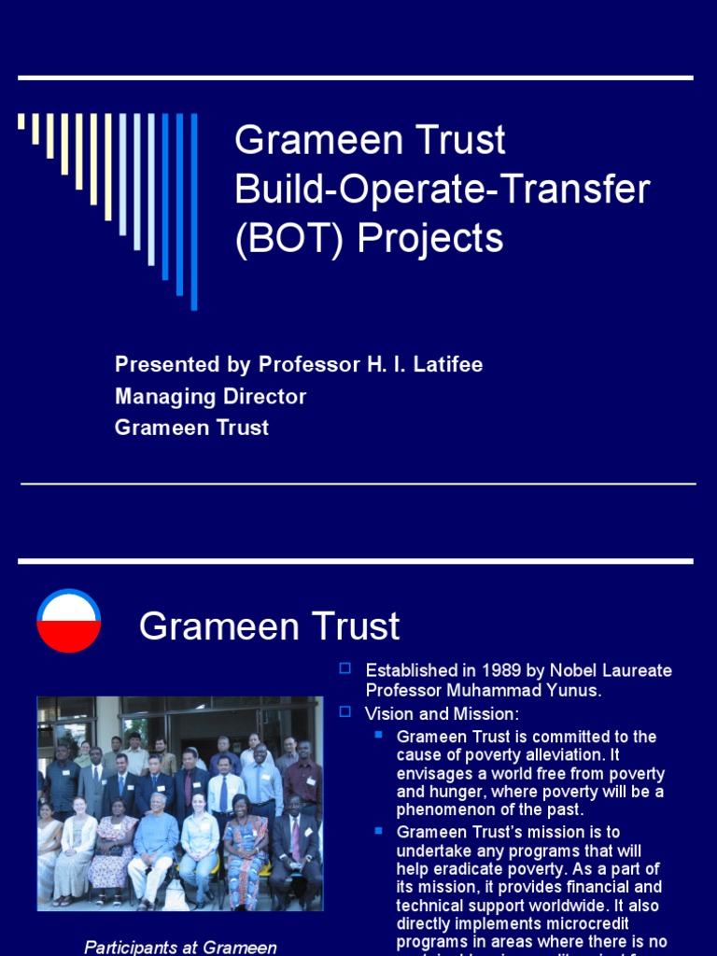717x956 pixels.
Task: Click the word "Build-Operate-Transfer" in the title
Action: click(x=442, y=190)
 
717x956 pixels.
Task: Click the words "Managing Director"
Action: click(x=210, y=396)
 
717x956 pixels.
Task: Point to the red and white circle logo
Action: click(x=69, y=621)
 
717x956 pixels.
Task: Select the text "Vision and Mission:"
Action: click(x=442, y=713)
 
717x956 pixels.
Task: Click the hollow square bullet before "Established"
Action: click(x=345, y=668)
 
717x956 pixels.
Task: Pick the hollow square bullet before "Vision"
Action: click(x=345, y=711)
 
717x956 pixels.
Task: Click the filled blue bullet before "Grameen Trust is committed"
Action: click(x=378, y=735)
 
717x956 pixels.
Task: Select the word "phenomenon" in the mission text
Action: click(x=444, y=809)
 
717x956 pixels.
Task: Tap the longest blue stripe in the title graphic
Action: click(x=194, y=211)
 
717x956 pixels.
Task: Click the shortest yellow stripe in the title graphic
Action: click(x=21, y=121)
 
